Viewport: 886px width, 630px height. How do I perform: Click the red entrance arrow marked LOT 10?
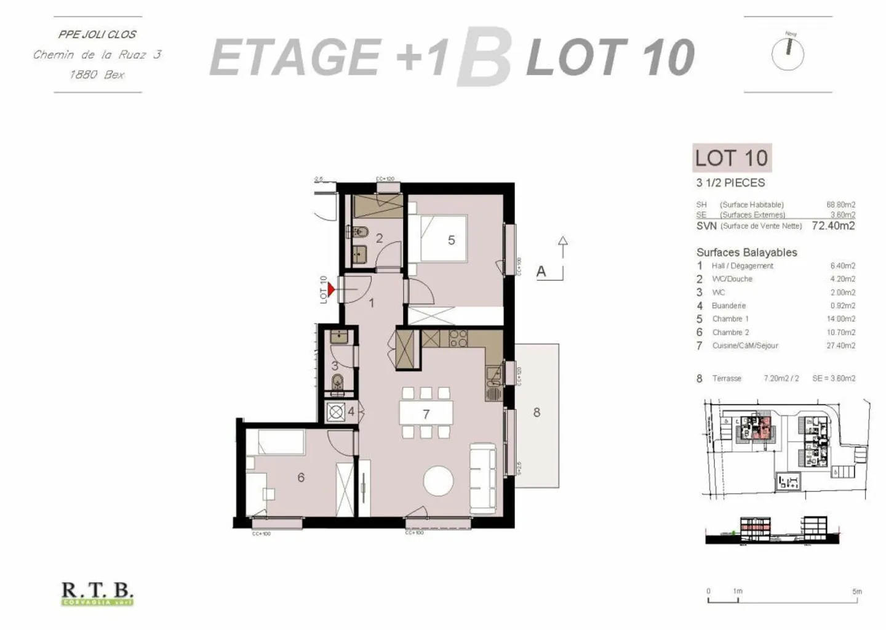(331, 289)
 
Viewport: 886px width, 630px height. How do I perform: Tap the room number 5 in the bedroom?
(451, 240)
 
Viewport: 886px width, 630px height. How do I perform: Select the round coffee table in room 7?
(439, 481)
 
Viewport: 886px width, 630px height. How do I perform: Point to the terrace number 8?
(537, 413)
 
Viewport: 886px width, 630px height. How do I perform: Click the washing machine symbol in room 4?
(335, 412)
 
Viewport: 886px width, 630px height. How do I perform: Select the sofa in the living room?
(482, 477)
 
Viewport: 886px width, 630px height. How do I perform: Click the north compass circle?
(788, 53)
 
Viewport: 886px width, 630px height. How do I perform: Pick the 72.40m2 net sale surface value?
(833, 226)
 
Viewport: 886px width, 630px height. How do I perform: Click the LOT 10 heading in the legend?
(732, 158)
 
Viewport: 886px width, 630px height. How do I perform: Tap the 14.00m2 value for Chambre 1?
(842, 319)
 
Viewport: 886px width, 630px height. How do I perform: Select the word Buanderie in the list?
(728, 305)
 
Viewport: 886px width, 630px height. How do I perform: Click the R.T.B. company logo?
(97, 593)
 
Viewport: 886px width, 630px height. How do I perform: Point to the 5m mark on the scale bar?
(856, 592)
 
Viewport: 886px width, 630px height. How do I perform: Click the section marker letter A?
(541, 271)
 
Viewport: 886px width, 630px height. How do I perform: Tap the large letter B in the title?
(484, 57)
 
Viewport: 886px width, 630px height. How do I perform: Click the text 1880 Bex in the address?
(97, 75)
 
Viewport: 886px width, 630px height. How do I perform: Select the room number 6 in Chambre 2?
(301, 477)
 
